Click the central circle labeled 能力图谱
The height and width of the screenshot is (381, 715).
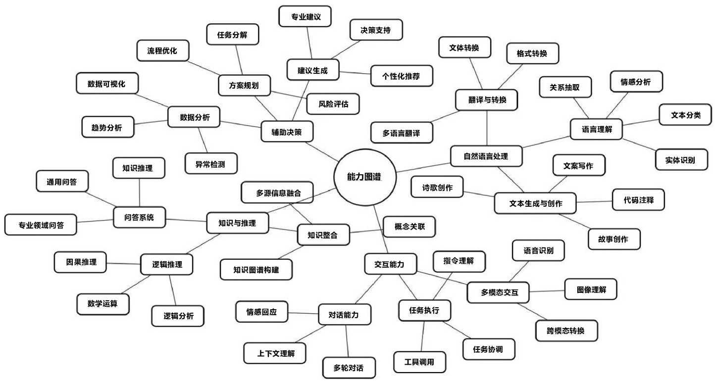click(365, 177)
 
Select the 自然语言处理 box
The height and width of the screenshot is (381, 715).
click(486, 156)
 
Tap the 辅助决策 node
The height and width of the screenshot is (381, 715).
click(287, 132)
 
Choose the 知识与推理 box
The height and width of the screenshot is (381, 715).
click(238, 223)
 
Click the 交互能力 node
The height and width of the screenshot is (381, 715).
click(390, 264)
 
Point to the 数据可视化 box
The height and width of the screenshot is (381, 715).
click(107, 84)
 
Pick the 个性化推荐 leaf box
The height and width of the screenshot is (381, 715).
click(402, 76)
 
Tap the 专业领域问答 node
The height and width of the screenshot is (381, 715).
click(41, 225)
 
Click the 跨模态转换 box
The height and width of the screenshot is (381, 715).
click(566, 331)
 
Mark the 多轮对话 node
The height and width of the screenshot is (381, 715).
click(349, 368)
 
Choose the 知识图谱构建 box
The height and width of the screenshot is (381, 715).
click(256, 270)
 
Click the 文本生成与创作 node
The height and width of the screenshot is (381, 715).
click(535, 203)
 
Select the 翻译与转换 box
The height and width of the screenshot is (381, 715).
click(486, 100)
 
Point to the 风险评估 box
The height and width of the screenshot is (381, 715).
click(333, 104)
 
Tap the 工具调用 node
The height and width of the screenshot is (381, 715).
click(419, 362)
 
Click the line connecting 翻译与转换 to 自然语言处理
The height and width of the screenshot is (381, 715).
click(487, 128)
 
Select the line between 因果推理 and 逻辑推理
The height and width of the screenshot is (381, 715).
click(123, 264)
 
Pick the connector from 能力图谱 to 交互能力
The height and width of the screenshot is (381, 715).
click(381, 230)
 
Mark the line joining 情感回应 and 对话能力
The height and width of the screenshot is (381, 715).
click(303, 313)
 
